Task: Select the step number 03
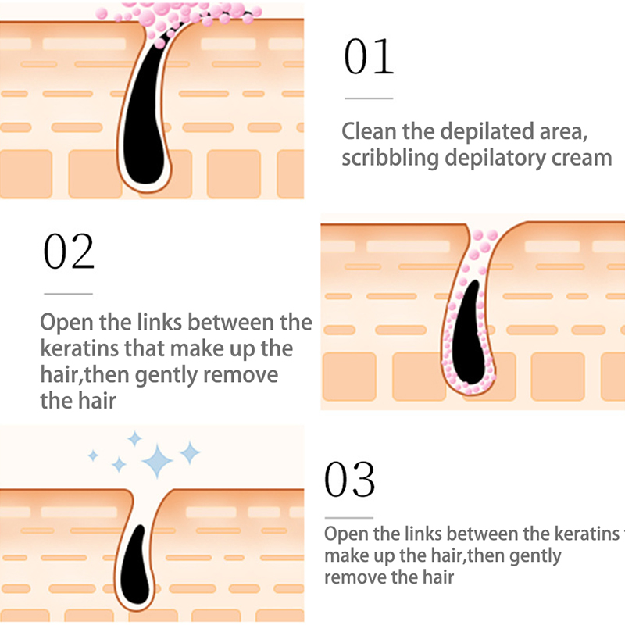pyautogui.click(x=349, y=480)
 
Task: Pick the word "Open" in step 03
pyautogui.click(x=343, y=534)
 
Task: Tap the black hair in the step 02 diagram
pyautogui.click(x=470, y=336)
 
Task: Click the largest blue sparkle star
pyautogui.click(x=159, y=461)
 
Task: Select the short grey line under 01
pyautogui.click(x=368, y=98)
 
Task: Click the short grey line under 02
pyautogui.click(x=68, y=294)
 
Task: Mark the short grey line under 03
pyautogui.click(x=348, y=517)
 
